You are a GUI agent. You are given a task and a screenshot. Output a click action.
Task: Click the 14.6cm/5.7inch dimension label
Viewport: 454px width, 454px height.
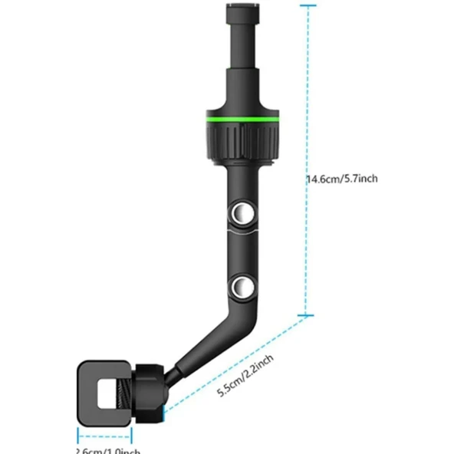pyautogui.click(x=341, y=179)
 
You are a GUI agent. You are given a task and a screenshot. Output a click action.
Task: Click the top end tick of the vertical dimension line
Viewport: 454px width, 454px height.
pyautogui.click(x=307, y=6)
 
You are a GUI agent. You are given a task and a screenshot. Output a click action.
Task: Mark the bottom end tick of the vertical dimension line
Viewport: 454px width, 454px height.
pyautogui.click(x=307, y=314)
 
